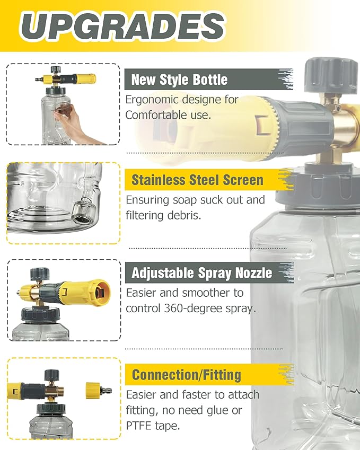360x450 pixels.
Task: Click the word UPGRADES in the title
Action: [x=122, y=26]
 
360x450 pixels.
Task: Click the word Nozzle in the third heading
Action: [x=253, y=272]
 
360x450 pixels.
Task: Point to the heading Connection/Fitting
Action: [x=187, y=375]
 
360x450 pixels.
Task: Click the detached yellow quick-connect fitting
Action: [x=98, y=390]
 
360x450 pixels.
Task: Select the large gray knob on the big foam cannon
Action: [x=330, y=75]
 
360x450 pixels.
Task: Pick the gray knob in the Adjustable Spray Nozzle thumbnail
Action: [x=40, y=274]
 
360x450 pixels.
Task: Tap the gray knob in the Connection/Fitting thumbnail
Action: [x=51, y=375]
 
